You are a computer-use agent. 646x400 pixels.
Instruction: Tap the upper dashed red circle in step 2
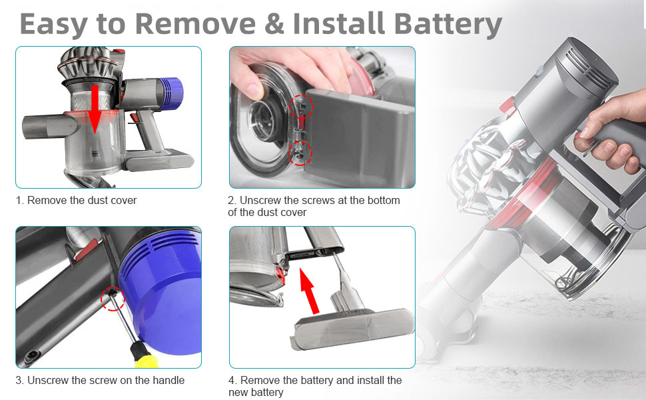(301, 105)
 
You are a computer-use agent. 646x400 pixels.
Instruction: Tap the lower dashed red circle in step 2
(299, 153)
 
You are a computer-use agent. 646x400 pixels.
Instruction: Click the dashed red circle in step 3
(113, 299)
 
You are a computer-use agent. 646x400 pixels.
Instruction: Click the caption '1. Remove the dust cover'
(76, 200)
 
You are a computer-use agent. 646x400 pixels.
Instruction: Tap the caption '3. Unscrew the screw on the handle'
(100, 380)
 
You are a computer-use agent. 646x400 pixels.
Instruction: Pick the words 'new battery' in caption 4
(256, 392)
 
